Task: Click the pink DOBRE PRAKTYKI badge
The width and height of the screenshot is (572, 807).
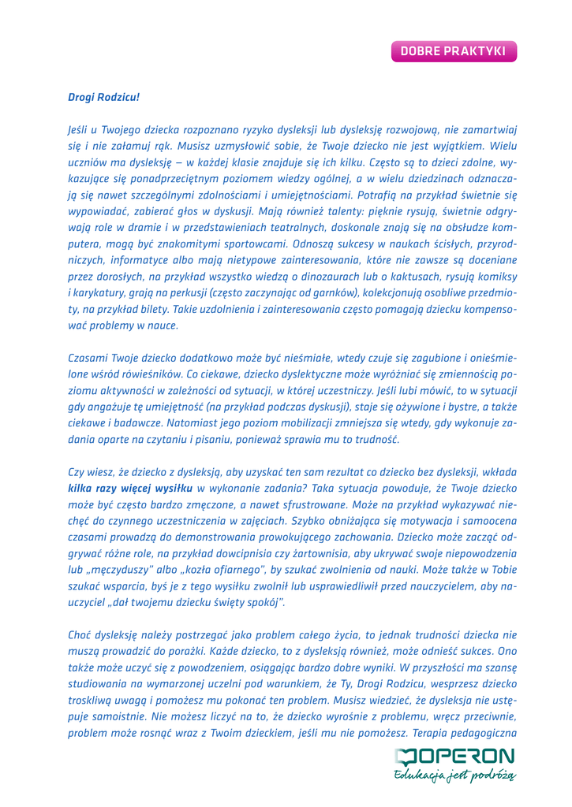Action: (x=453, y=50)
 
